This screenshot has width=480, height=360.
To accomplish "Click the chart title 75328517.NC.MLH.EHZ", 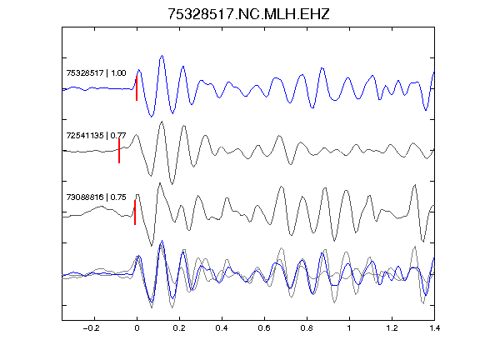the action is tap(248, 14).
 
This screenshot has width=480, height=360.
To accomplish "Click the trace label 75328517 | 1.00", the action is tap(96, 72).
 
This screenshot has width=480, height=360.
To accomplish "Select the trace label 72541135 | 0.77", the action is tap(96, 135).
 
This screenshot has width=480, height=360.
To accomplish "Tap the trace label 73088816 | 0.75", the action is tap(96, 197).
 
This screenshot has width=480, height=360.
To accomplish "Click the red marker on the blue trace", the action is tap(137, 88).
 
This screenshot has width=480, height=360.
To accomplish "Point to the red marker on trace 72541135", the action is tap(119, 151).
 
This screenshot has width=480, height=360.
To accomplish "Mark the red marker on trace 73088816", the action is tap(135, 212).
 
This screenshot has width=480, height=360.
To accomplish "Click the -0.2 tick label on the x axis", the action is tap(92, 328).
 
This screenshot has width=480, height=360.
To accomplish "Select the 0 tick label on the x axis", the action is tap(137, 328).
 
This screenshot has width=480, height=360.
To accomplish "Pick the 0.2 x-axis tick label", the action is tap(179, 328).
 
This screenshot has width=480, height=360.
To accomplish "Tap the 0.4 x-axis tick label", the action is tap(222, 328).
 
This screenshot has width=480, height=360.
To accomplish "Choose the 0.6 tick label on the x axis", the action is tap(264, 328).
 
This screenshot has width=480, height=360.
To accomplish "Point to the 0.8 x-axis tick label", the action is tap(307, 328).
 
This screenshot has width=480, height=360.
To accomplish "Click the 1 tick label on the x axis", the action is tap(349, 328).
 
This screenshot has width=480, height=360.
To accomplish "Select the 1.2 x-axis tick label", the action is tap(392, 328).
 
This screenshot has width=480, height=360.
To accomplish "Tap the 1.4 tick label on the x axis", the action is tap(434, 328).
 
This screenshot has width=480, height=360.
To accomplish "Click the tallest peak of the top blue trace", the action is tap(162, 56).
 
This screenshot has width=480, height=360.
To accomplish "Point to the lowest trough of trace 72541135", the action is tap(172, 184).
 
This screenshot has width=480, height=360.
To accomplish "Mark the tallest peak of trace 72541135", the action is tap(162, 122).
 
